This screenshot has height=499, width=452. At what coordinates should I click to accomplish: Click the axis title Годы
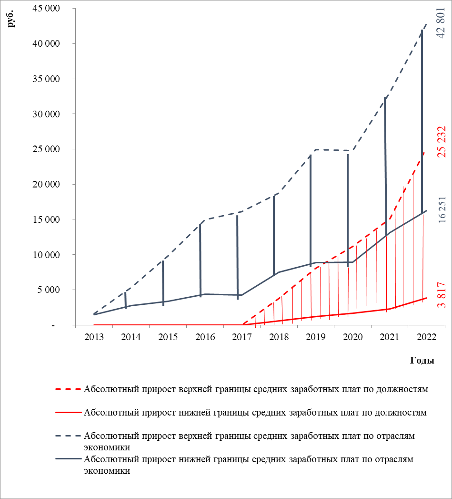click(422, 361)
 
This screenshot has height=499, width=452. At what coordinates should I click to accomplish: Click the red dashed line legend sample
click(68, 389)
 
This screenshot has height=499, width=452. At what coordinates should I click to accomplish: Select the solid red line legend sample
click(68, 413)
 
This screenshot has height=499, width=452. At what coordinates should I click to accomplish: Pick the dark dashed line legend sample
click(68, 436)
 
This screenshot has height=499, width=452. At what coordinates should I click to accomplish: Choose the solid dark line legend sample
click(68, 459)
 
